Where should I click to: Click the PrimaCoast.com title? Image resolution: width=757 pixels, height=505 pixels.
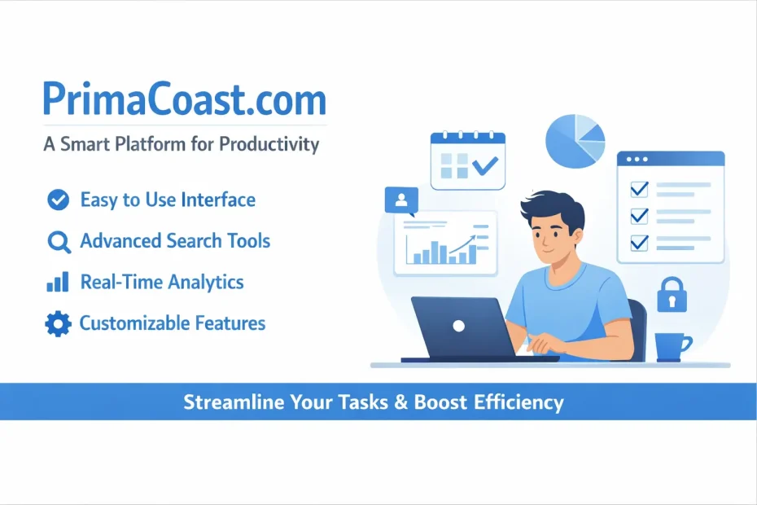click(x=184, y=99)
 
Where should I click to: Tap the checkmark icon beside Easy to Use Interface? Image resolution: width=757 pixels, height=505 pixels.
click(x=58, y=200)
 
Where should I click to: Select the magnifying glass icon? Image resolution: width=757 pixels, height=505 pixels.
click(x=58, y=242)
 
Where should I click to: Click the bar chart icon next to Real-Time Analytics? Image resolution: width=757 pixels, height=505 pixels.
click(x=57, y=283)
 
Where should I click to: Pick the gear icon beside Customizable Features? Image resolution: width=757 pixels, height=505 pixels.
click(x=58, y=324)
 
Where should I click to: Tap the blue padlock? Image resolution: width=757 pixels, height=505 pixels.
click(x=672, y=295)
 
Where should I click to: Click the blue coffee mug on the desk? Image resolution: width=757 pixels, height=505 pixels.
click(x=672, y=347)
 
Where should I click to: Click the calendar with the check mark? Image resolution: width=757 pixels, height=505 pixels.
click(x=467, y=161)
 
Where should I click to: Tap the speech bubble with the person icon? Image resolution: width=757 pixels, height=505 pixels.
click(x=401, y=200)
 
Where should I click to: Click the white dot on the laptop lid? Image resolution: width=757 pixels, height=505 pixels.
click(x=458, y=325)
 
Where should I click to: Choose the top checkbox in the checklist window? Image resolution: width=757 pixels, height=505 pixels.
click(x=639, y=189)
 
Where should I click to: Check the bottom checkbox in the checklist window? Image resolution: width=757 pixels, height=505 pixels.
click(x=639, y=241)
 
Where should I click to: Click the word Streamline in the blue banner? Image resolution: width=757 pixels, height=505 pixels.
click(x=229, y=402)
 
